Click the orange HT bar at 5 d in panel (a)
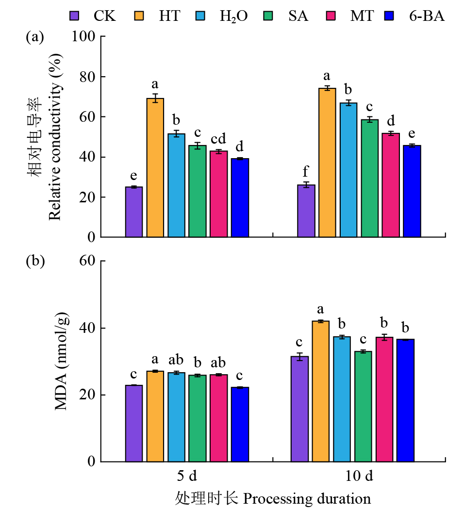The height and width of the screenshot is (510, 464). pos(155,167)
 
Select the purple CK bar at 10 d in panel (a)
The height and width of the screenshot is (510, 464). pos(306,211)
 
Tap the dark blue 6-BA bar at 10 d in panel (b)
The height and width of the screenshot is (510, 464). pos(405,400)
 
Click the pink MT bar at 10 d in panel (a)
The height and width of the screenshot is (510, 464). pos(391,185)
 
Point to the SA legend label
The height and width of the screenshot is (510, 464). pos(298,16)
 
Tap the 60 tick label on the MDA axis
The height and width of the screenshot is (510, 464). pos(87,261)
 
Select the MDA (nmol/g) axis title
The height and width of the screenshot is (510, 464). pos(62,362)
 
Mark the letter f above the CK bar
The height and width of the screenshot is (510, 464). pos(306,172)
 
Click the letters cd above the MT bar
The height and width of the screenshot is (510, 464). pos(218,139)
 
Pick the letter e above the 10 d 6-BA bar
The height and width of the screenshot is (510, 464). pos(412,133)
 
